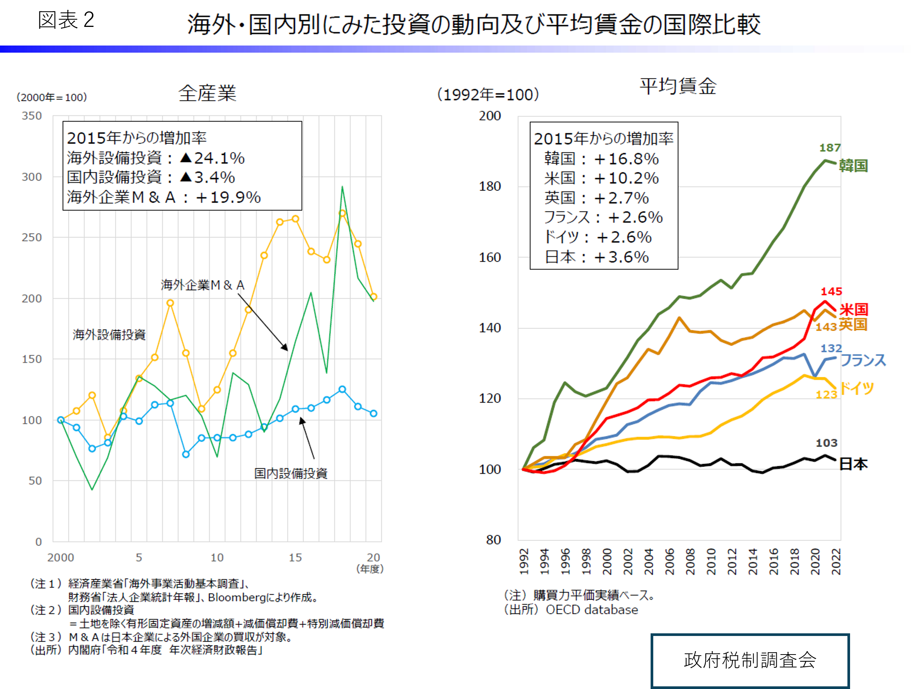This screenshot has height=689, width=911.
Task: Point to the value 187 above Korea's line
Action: (830, 147)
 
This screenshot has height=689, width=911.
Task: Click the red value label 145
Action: (831, 291)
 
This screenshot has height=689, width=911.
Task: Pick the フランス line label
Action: (863, 360)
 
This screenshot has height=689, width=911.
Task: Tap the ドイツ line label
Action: (856, 388)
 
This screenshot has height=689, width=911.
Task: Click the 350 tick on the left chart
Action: (32, 116)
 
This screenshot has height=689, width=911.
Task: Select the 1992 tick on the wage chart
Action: (524, 561)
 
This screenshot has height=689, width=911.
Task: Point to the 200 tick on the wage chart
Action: (490, 116)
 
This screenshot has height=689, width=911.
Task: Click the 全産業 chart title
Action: (207, 93)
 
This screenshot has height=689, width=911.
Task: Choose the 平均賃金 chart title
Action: (678, 86)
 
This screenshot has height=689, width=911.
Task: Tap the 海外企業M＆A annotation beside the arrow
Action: (202, 285)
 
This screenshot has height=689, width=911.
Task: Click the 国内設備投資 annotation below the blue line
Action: (291, 473)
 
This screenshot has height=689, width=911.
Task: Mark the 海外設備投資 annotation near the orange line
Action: (109, 334)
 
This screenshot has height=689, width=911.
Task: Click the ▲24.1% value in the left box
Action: (212, 158)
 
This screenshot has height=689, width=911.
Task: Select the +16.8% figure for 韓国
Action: (626, 159)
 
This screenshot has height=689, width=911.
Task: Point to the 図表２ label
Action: (66, 20)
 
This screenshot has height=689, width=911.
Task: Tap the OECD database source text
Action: (592, 609)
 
